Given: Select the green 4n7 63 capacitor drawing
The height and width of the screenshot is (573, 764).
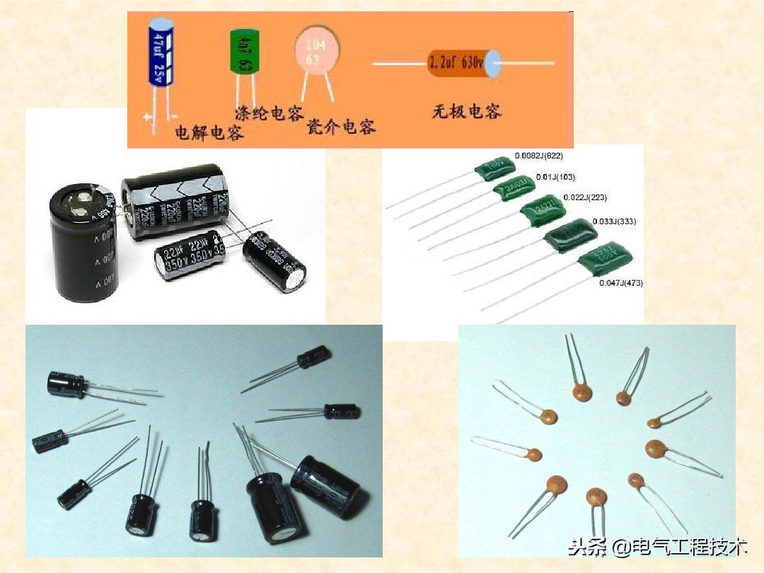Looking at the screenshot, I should tap(245, 52).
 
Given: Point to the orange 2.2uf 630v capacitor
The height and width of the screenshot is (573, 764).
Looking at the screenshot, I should tap(458, 64).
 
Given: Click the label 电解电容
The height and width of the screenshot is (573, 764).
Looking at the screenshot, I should tap(209, 132).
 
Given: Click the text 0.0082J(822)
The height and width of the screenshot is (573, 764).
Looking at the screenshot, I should tap(538, 156).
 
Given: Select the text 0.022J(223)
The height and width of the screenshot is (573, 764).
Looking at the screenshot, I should tap(584, 197).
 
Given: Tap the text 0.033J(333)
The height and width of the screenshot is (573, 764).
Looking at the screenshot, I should tap(614, 221).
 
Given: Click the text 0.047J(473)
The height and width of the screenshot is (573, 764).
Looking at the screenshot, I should tap(621, 283).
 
